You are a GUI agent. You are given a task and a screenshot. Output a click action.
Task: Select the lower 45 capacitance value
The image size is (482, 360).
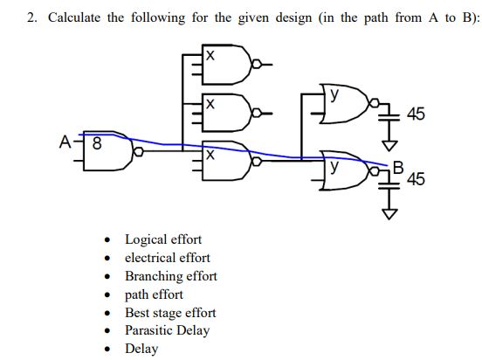[x=416, y=180]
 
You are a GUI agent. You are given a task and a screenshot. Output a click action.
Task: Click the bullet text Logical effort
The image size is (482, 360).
[x=163, y=239]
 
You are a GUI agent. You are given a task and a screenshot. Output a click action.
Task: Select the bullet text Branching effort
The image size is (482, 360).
[x=171, y=275]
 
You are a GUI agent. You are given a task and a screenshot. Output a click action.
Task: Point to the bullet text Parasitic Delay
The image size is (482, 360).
[x=168, y=330]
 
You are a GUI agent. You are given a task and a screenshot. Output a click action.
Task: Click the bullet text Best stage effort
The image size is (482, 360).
[x=170, y=312]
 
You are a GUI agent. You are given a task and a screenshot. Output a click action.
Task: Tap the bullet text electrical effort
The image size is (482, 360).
[x=168, y=257]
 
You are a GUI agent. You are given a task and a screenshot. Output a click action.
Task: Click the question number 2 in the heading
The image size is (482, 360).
[x=31, y=19]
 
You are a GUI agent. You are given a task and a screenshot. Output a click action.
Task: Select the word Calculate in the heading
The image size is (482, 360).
[x=75, y=19]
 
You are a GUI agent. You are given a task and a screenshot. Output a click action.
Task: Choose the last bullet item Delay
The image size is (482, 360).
[x=141, y=349]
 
